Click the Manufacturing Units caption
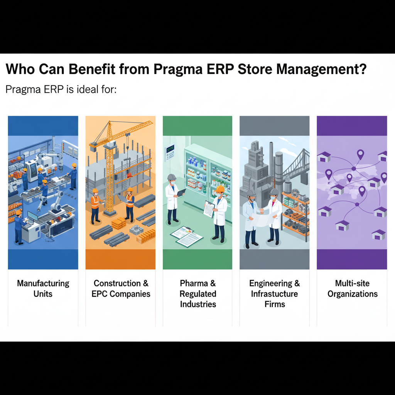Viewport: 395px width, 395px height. click(x=43, y=289)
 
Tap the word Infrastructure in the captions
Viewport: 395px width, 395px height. click(x=274, y=294)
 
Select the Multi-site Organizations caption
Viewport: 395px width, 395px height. click(x=352, y=289)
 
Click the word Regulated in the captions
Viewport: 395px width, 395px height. click(x=198, y=294)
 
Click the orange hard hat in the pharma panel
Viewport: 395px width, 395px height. click(x=220, y=189)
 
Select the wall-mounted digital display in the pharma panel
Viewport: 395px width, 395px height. click(x=170, y=149)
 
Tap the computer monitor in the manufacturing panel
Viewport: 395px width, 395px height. click(x=32, y=216)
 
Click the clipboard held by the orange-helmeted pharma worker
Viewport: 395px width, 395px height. click(x=209, y=209)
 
